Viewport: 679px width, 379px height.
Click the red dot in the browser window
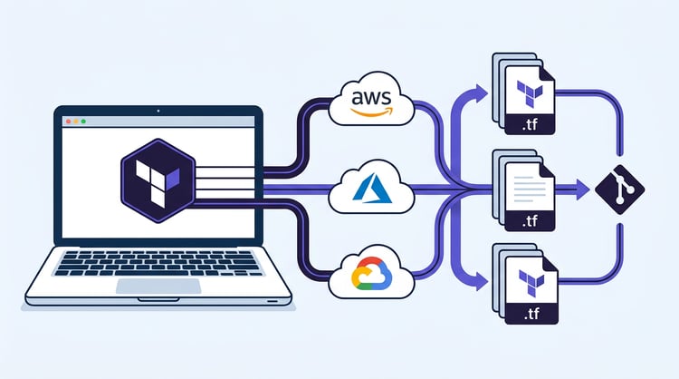[66, 121]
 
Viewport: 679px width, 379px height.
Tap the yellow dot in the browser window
[74, 121]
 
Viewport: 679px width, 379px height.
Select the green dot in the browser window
[82, 121]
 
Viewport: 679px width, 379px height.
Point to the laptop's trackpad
[158, 287]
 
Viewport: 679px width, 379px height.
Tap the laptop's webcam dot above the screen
[159, 111]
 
